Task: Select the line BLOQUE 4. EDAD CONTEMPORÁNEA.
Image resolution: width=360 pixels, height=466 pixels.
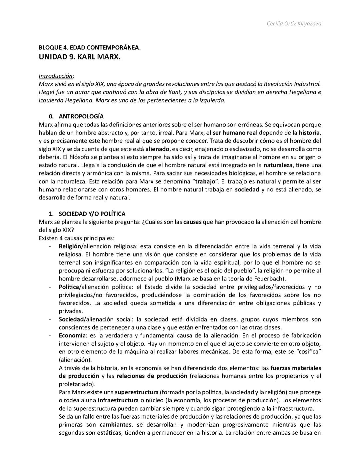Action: [x=90, y=48]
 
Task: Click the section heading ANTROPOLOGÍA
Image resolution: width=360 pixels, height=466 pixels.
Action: [x=81, y=116]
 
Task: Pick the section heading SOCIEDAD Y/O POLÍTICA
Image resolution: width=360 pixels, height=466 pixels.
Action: [x=92, y=214]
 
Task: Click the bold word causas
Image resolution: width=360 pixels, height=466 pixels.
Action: [x=192, y=222]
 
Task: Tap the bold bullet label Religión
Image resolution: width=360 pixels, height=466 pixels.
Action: [x=70, y=246]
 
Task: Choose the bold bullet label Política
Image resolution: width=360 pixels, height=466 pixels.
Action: [x=69, y=287]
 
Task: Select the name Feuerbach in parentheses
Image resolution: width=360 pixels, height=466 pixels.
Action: [x=270, y=279]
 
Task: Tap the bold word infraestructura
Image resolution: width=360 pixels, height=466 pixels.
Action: [x=118, y=400]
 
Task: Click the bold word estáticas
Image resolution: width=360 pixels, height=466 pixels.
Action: [x=109, y=433]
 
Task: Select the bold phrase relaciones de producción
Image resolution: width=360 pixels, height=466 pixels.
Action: [x=152, y=376]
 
